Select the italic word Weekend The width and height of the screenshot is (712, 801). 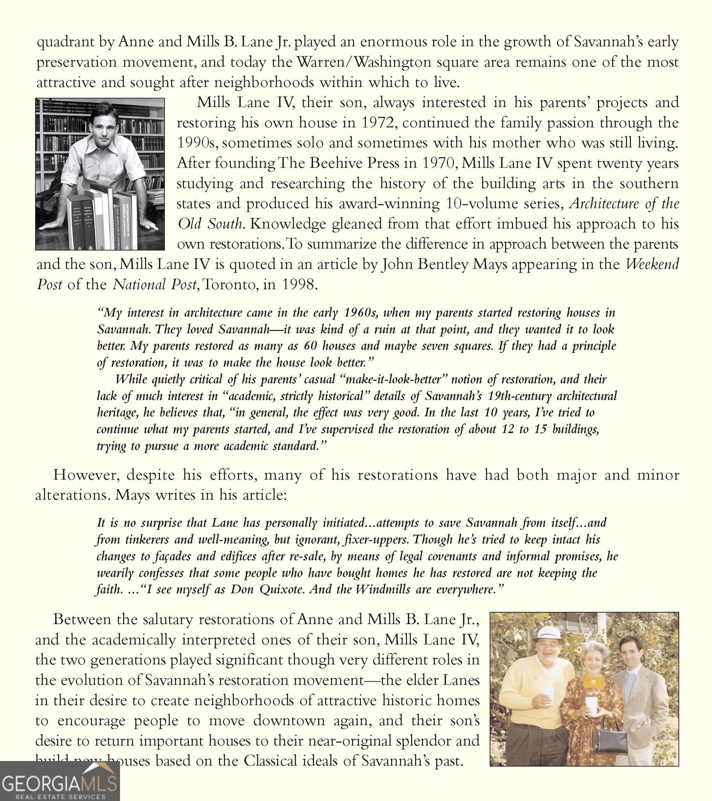[x=651, y=264]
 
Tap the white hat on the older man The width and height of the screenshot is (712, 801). [x=548, y=633]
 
